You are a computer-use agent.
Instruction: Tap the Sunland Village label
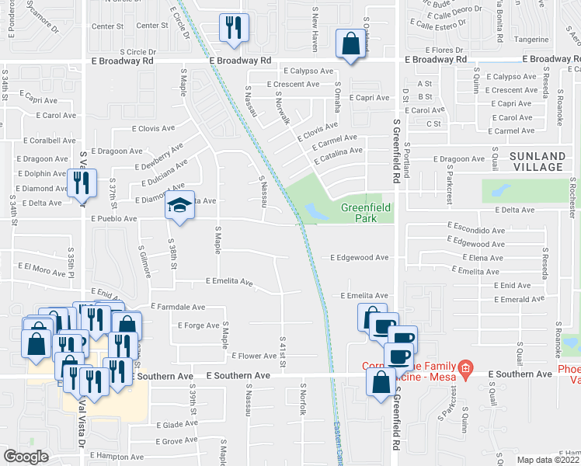537,162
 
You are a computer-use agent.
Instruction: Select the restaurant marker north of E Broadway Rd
234,29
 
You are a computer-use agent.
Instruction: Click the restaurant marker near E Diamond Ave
82,184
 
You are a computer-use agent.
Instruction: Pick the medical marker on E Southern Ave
465,367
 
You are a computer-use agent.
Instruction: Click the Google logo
26,457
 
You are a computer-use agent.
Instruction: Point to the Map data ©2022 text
548,460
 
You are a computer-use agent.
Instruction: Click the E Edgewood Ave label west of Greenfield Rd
359,257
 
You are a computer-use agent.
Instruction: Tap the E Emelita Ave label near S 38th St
229,281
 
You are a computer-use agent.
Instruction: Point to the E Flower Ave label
254,356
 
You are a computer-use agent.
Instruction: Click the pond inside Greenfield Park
317,210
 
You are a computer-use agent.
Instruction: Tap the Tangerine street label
531,39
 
